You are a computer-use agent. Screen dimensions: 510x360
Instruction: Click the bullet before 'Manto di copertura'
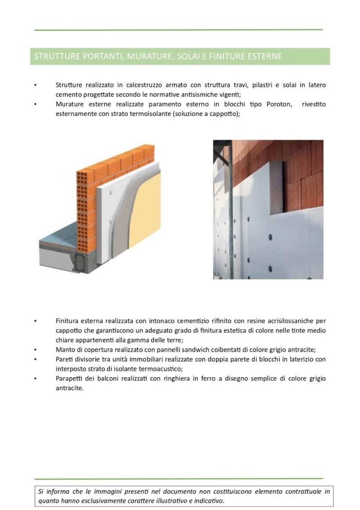35,350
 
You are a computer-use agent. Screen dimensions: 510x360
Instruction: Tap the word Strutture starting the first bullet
69,85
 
